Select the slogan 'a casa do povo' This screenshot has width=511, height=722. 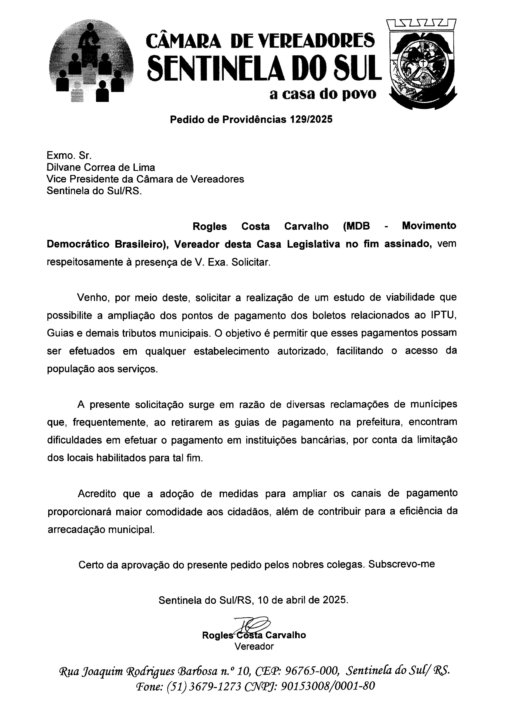[323, 94]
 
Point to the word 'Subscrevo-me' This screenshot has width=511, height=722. [402, 564]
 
